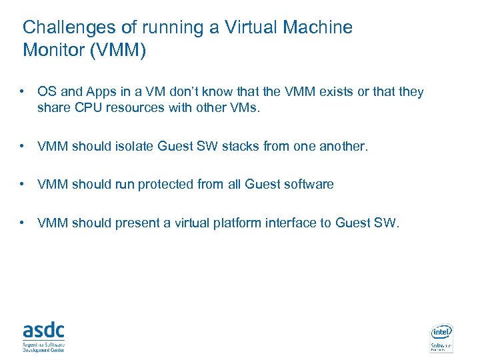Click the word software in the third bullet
[309, 185]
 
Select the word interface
[289, 223]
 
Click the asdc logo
[43, 335]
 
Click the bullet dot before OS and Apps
[23, 92]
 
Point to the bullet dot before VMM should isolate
[23, 146]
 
